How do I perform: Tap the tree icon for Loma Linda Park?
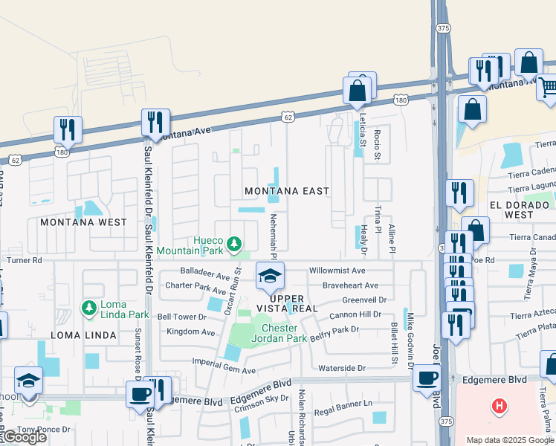[x=88, y=307]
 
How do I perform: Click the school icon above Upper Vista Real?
[x=270, y=277]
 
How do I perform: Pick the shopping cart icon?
[x=548, y=88]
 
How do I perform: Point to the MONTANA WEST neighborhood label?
[x=83, y=222]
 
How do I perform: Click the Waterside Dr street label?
[x=342, y=367]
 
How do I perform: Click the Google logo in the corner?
[x=25, y=437]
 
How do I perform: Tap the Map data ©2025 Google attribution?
[x=510, y=440]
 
